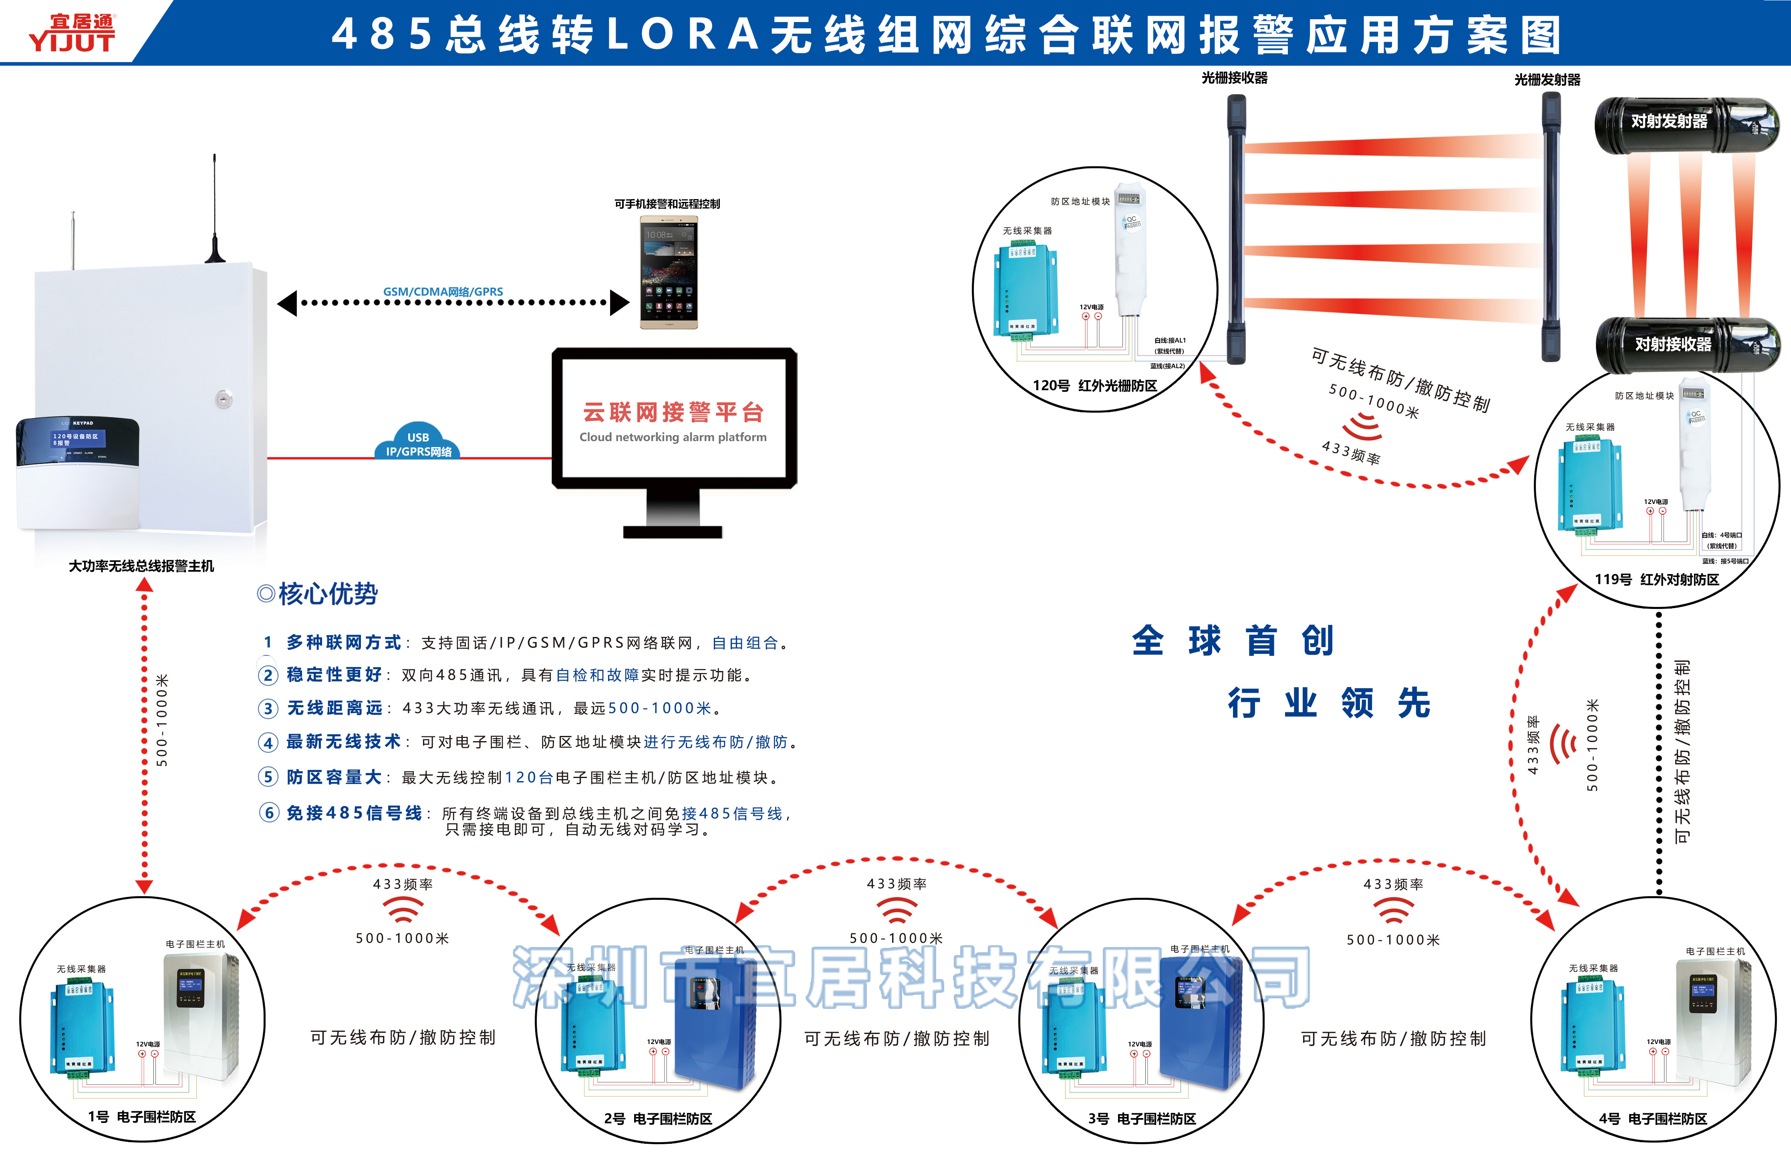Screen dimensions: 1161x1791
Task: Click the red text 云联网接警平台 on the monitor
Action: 673,412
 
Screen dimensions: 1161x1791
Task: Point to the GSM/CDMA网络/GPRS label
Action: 443,292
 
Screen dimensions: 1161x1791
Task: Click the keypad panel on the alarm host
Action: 77,472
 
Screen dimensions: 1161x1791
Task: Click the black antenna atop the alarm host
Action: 214,211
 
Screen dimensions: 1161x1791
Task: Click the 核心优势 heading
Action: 327,594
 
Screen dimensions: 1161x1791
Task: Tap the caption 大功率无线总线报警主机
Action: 141,566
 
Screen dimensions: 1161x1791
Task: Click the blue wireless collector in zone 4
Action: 1593,1023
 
